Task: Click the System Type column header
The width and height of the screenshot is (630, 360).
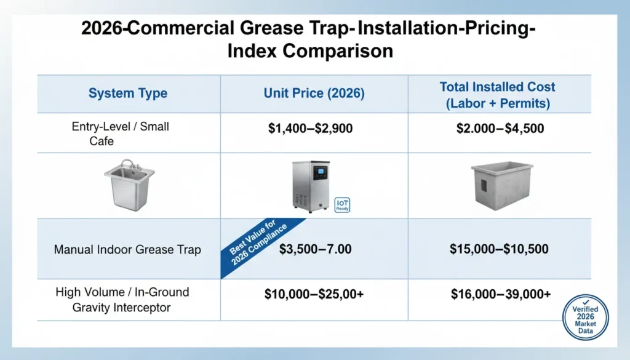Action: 127,94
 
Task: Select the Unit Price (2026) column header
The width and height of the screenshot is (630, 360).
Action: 314,94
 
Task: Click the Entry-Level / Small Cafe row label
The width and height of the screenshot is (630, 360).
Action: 121,133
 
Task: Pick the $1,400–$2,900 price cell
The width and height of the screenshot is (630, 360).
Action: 314,129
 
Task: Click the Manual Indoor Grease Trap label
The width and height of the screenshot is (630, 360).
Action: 127,250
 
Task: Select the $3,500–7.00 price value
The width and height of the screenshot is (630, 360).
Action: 315,249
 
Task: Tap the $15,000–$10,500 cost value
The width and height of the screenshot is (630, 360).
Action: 499,249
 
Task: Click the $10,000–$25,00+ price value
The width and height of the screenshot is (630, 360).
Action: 314,295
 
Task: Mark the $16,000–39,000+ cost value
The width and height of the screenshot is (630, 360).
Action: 500,295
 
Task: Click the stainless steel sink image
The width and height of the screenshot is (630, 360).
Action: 130,185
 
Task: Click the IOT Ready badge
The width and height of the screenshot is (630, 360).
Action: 342,205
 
